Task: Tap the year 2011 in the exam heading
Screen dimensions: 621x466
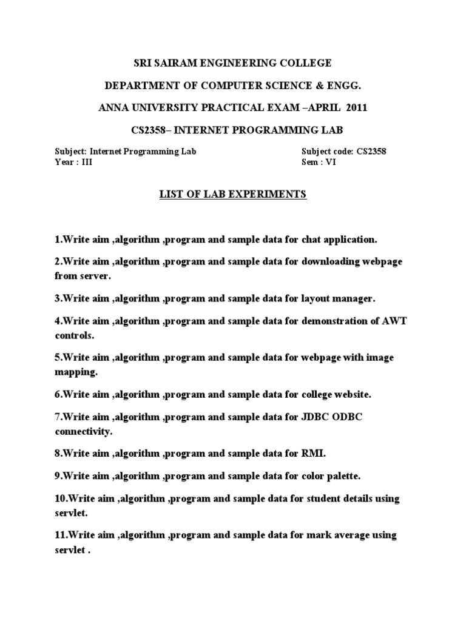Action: [x=356, y=108]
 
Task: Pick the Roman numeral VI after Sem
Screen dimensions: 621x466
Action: [x=330, y=163]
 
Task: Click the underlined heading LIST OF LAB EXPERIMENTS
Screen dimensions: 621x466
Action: [x=233, y=195]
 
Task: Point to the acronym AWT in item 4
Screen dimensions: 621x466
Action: [x=396, y=321]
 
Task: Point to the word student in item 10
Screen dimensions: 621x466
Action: [x=331, y=498]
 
